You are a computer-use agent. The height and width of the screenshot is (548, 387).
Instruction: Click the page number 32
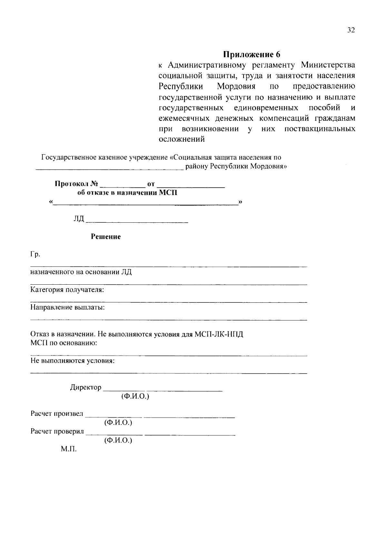coord(351,30)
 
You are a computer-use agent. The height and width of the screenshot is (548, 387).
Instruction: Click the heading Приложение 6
coord(252,54)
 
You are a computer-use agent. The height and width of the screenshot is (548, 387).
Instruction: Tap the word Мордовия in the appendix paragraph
coord(236,86)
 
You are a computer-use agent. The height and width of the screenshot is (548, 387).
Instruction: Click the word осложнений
coord(182,140)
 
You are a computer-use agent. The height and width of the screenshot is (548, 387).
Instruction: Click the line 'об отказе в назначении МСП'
coord(127,193)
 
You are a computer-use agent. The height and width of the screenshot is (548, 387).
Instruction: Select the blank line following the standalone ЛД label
coord(137,221)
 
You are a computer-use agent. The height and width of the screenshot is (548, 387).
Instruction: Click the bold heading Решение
coord(106,237)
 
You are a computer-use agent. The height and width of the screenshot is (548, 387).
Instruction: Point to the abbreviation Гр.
coord(35,255)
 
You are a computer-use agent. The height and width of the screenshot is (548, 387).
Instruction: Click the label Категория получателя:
coord(67,290)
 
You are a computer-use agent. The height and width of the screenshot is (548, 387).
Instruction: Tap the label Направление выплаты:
coord(67,307)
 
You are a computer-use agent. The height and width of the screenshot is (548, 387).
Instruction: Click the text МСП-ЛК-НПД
coord(219,334)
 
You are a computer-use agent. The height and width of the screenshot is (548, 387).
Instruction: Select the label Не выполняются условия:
coord(73,361)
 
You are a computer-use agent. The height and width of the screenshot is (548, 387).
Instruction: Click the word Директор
coord(85,387)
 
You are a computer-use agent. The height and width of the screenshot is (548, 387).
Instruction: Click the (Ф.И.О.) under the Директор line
coord(135,396)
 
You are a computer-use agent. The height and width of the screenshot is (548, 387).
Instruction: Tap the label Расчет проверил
coord(57,431)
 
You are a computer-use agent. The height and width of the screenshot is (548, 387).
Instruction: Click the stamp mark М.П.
coord(69,449)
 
